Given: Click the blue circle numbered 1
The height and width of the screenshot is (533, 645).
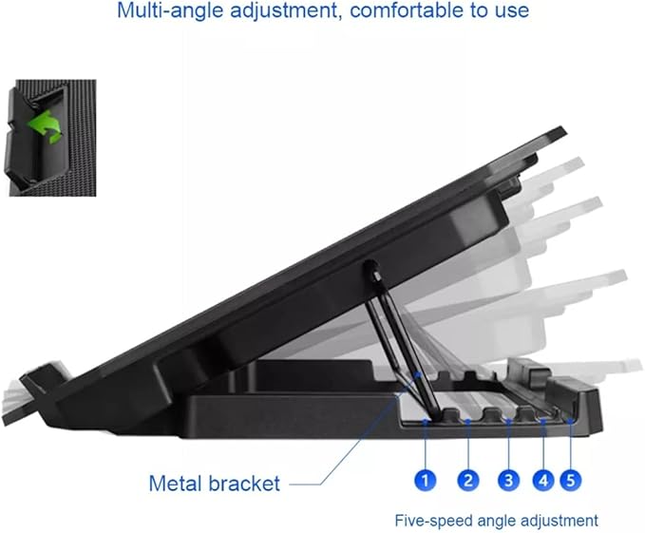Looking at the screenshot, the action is tap(426, 480).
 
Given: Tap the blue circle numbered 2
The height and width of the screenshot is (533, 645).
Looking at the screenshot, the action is tap(468, 480).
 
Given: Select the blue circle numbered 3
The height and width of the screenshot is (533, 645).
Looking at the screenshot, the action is tap(509, 480).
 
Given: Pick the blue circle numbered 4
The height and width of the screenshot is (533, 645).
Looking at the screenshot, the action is tap(543, 480).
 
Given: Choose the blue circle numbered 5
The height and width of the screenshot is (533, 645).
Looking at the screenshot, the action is tap(571, 480).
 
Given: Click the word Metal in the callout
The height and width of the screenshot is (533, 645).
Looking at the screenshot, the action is tap(176, 484).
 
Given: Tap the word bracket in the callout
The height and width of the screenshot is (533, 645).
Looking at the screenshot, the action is tap(245, 484).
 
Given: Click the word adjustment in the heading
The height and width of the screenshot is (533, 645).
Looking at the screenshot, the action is tap(284, 10).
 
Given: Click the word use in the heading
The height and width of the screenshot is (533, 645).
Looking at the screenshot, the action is tap(514, 11).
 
